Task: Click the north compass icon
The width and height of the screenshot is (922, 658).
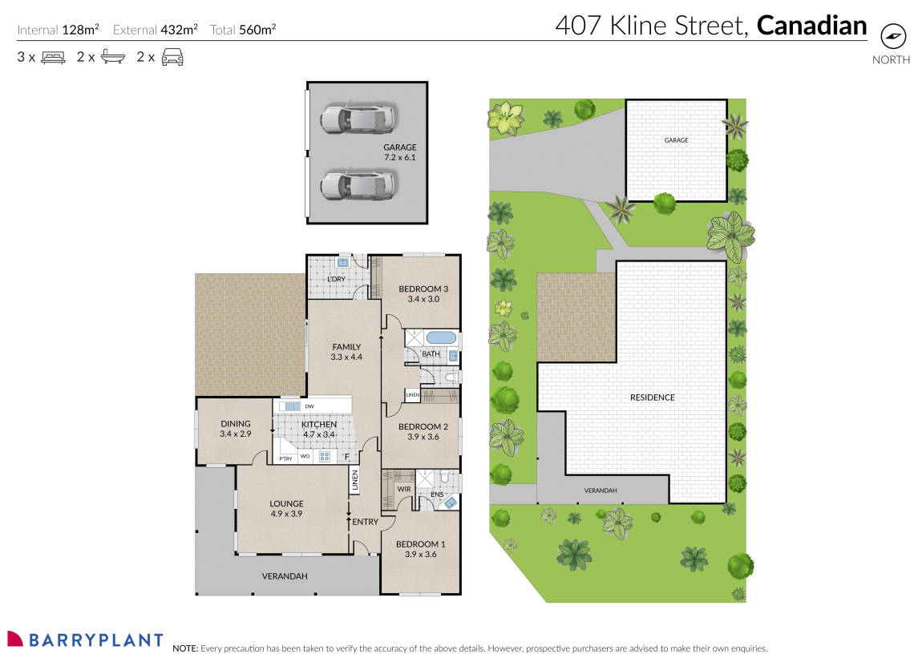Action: (x=892, y=37)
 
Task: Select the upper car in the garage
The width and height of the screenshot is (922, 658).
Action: (x=358, y=119)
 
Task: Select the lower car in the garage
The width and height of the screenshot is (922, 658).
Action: (x=358, y=185)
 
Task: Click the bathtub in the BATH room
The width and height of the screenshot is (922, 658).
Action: (x=440, y=337)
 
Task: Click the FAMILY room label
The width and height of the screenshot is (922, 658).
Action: (x=346, y=347)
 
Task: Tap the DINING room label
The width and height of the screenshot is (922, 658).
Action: (x=236, y=424)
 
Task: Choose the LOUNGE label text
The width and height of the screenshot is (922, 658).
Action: (x=286, y=504)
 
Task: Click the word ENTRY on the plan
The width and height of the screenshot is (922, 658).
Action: (x=365, y=523)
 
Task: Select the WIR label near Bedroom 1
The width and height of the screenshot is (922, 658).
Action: (x=404, y=489)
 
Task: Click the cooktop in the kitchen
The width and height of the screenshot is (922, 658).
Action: (x=325, y=457)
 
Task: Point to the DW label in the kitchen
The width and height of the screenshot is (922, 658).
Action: (x=309, y=406)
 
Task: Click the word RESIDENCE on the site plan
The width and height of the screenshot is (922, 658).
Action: (x=652, y=398)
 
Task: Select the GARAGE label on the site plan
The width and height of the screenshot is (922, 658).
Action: (x=676, y=140)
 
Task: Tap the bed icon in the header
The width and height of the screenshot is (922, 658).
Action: (x=53, y=57)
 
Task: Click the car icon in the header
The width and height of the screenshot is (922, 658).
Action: (x=172, y=57)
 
